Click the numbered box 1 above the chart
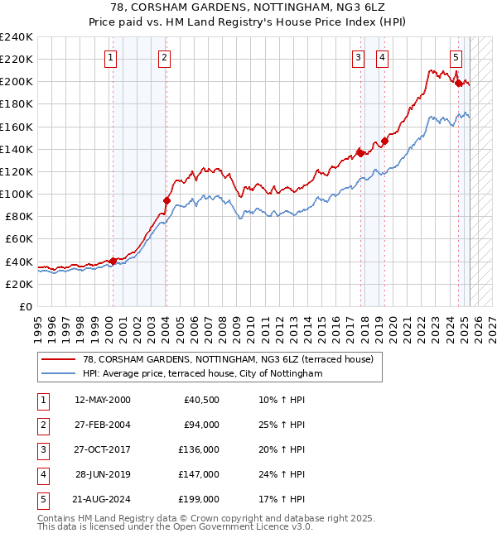click(x=111, y=58)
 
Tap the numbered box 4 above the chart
click(x=382, y=58)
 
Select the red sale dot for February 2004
click(x=166, y=200)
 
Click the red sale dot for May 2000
click(x=113, y=261)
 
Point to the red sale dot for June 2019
click(x=384, y=141)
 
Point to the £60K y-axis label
click(x=19, y=238)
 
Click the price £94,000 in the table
click(x=201, y=425)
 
